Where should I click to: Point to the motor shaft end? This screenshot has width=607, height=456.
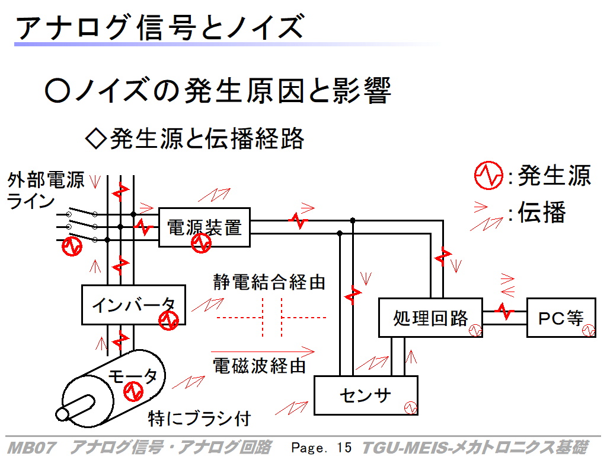pyautogui.click(x=62, y=414)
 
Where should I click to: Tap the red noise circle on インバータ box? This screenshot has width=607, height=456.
pyautogui.click(x=168, y=320)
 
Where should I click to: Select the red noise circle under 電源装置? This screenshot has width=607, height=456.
pyautogui.click(x=202, y=243)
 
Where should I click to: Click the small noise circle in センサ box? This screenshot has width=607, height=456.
pyautogui.click(x=411, y=408)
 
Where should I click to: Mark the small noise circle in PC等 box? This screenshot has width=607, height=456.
pyautogui.click(x=589, y=330)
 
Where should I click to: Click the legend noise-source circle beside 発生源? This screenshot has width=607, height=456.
pyautogui.click(x=488, y=176)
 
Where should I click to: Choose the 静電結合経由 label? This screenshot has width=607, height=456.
pyautogui.click(x=269, y=282)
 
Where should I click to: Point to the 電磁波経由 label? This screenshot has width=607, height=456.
pyautogui.click(x=260, y=366)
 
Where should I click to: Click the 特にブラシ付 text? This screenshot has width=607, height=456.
pyautogui.click(x=200, y=419)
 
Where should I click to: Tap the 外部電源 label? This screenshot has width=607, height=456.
pyautogui.click(x=46, y=180)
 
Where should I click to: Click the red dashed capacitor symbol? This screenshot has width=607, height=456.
pyautogui.click(x=271, y=318)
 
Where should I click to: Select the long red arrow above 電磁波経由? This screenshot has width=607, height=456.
pyautogui.click(x=263, y=351)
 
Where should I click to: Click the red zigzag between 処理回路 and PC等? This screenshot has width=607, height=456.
pyautogui.click(x=504, y=311)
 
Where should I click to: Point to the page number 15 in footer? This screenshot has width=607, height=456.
pyautogui.click(x=344, y=448)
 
